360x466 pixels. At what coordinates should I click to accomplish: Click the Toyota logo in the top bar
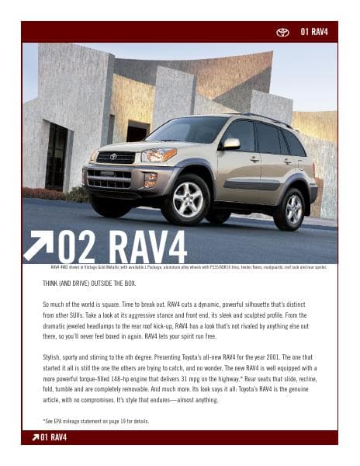[x=282, y=32]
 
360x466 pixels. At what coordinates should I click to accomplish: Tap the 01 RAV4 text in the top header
[x=314, y=32]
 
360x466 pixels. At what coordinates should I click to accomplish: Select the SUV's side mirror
[x=230, y=144]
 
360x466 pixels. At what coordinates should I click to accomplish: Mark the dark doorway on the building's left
[x=56, y=155]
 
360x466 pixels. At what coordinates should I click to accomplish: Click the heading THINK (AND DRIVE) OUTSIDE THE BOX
[x=101, y=283]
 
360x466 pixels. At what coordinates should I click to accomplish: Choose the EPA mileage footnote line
[x=95, y=421]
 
